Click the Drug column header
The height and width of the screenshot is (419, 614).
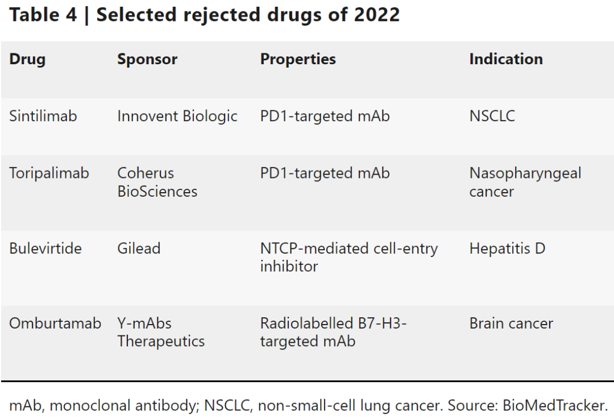pyautogui.click(x=27, y=59)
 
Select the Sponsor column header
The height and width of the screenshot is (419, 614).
pyautogui.click(x=147, y=59)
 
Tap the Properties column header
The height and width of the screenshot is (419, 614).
pyautogui.click(x=298, y=59)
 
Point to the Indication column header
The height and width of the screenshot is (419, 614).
pyautogui.click(x=505, y=59)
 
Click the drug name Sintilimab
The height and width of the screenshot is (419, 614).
pyautogui.click(x=43, y=116)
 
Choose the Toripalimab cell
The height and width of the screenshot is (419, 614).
pyautogui.click(x=49, y=173)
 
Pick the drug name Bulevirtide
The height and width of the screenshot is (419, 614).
pyautogui.click(x=45, y=248)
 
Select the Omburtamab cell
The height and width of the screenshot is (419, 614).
pyautogui.click(x=55, y=323)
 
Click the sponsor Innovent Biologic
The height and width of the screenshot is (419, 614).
pyautogui.click(x=177, y=116)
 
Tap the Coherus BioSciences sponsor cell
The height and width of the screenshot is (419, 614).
pyautogui.click(x=157, y=182)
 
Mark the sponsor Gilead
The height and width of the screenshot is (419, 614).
pyautogui.click(x=139, y=248)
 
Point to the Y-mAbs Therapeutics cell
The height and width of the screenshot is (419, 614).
pyautogui.click(x=161, y=332)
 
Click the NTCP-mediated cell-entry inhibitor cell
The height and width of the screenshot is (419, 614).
pyautogui.click(x=349, y=257)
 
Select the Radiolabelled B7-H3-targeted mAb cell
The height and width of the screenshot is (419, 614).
pyautogui.click(x=333, y=332)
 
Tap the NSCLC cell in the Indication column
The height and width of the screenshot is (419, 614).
pyautogui.click(x=492, y=116)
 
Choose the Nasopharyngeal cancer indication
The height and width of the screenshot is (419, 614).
pyautogui.click(x=525, y=182)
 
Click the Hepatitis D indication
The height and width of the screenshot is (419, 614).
pyautogui.click(x=507, y=248)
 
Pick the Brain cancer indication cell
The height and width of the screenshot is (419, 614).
pyautogui.click(x=511, y=323)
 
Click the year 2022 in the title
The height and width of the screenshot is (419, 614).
pyautogui.click(x=376, y=15)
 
